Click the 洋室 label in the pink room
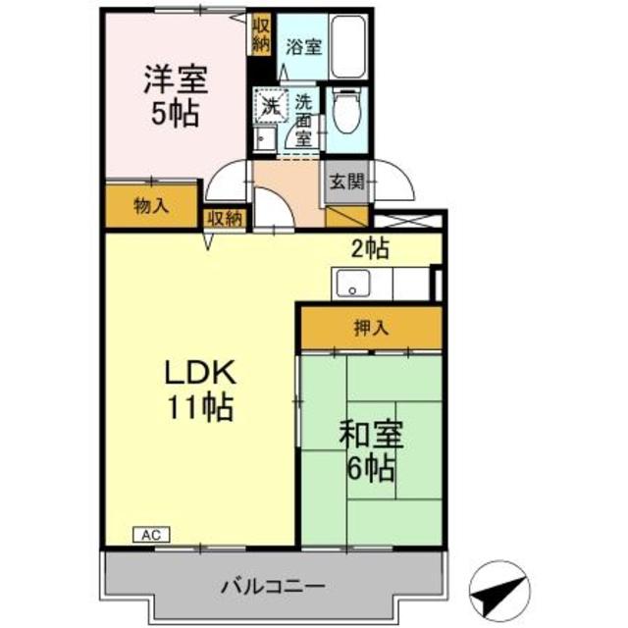[x=176, y=77]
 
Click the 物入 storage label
[x=151, y=207]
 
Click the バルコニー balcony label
[x=273, y=587]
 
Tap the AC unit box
[x=150, y=535]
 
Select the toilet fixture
[x=347, y=112]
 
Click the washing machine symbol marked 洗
[x=269, y=103]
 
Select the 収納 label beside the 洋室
[x=261, y=33]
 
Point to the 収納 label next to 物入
[x=225, y=218]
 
